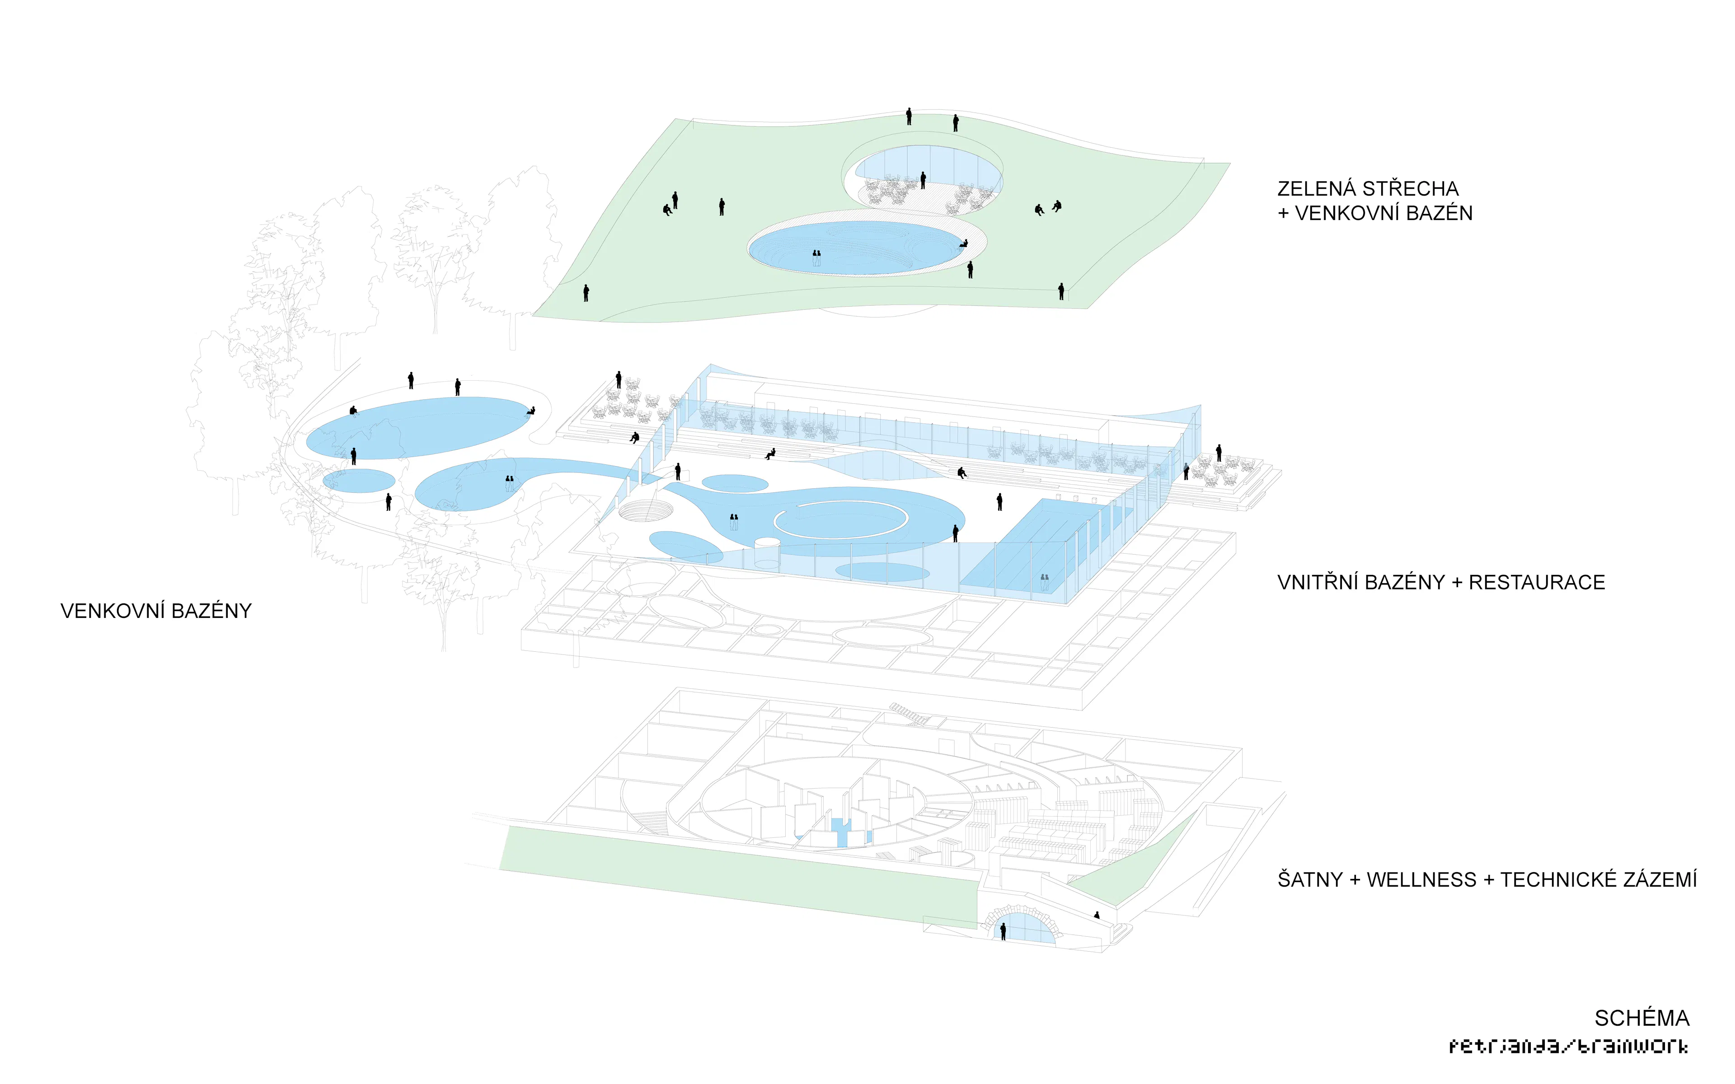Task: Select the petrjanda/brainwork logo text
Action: click(1568, 1046)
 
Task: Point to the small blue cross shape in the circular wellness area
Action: click(841, 832)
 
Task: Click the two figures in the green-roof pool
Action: click(816, 257)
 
